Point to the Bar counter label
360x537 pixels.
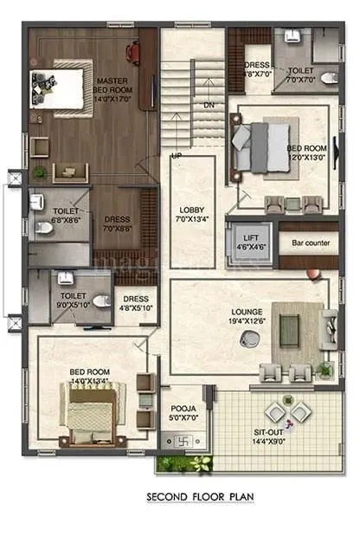coord(310,243)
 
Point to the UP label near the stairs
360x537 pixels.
coord(177,156)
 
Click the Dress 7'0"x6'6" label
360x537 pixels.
coord(117,224)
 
